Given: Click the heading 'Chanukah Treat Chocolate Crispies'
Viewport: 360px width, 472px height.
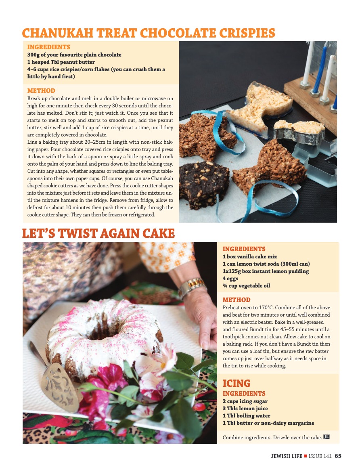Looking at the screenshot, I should pos(149,33).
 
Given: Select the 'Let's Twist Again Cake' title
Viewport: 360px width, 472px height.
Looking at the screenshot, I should pos(98,233).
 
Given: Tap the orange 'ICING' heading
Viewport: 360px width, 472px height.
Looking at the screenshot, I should pos(237,383).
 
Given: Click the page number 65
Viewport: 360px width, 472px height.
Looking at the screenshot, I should pos(338,456).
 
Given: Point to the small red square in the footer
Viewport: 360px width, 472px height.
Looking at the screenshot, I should pos(306,456).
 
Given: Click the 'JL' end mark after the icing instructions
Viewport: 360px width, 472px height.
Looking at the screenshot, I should pos(327,437).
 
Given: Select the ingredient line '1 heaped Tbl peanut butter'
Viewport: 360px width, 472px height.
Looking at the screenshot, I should pos(61,62).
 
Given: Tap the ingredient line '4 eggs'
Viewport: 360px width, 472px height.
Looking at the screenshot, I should pos(230,278).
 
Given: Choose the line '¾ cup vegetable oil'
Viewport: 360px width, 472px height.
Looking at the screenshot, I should pos(246,285).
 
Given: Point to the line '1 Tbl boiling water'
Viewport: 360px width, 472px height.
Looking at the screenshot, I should pos(246,415).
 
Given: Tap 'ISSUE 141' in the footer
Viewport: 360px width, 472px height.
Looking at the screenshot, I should pos(320,456).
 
